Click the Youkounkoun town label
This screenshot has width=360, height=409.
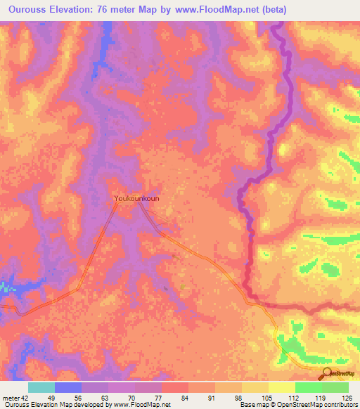click(136, 199)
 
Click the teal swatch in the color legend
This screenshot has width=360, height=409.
click(41, 387)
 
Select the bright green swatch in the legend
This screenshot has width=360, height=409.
click(309, 387)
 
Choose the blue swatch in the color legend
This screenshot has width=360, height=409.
click(68, 387)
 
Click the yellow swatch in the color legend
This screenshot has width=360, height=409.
click(282, 387)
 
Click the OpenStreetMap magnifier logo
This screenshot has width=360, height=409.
click(327, 375)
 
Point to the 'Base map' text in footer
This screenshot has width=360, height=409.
click(252, 404)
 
